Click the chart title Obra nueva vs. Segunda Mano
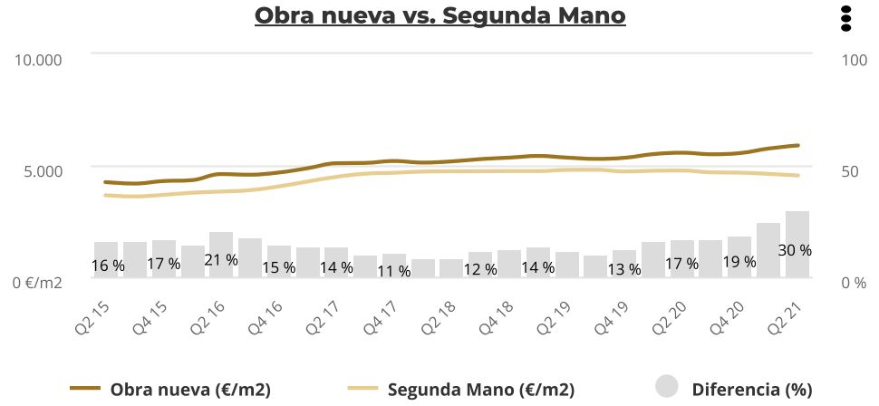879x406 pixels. pos(439,16)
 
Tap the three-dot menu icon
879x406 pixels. pos(846,18)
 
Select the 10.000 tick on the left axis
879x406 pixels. pos(38,60)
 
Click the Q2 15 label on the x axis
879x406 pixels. pos(94,318)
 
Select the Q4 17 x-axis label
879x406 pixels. pos(382,318)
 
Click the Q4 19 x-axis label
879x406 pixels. pos(612,318)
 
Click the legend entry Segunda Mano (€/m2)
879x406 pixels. pos(462,390)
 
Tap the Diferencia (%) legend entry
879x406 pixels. pos(734,390)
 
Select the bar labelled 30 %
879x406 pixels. pos(797,243)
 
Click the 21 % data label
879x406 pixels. pos(221,260)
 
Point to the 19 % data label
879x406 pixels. pos(739,262)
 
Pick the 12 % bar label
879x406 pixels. pos(480,269)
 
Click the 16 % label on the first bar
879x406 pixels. pos(108,266)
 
